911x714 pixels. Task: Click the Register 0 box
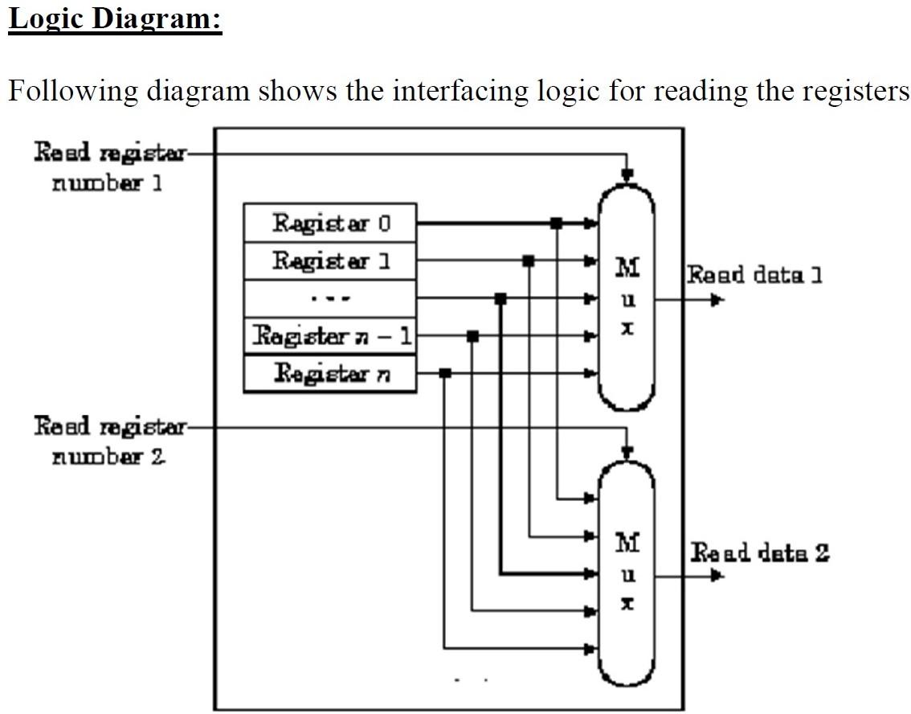click(330, 222)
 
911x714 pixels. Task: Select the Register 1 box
click(330, 261)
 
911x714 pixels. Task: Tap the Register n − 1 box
click(330, 334)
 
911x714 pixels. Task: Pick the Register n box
click(330, 373)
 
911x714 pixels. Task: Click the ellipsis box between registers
click(330, 298)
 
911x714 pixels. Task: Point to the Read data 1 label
click(754, 275)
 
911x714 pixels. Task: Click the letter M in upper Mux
click(627, 266)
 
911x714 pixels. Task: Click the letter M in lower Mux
click(627, 544)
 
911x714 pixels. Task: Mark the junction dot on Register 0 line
click(555, 223)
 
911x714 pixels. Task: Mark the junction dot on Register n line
click(445, 373)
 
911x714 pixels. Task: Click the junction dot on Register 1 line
click(528, 261)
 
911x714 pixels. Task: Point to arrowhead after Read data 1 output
click(717, 300)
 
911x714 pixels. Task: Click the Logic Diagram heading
click(114, 18)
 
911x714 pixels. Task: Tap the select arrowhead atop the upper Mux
click(628, 174)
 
